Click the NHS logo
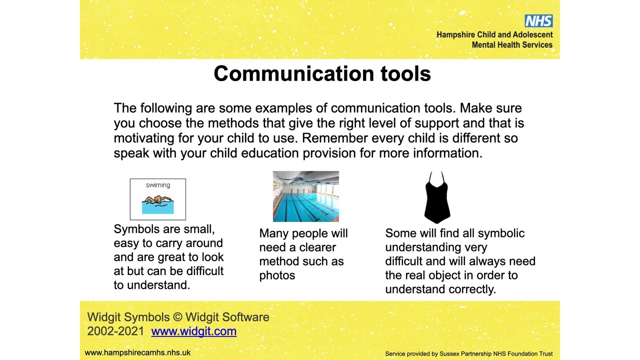(x=538, y=21)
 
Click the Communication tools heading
(x=322, y=74)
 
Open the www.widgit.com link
(x=193, y=331)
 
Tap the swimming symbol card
(x=157, y=199)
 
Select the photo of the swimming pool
(x=305, y=196)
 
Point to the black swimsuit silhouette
(x=437, y=198)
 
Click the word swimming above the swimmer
(x=157, y=185)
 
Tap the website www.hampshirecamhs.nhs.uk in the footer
(x=137, y=352)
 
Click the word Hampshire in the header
(x=455, y=35)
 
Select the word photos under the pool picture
(x=277, y=275)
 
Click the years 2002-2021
(x=115, y=331)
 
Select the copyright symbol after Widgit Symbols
(x=177, y=317)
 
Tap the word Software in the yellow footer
(x=245, y=317)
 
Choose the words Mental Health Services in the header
(x=512, y=45)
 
